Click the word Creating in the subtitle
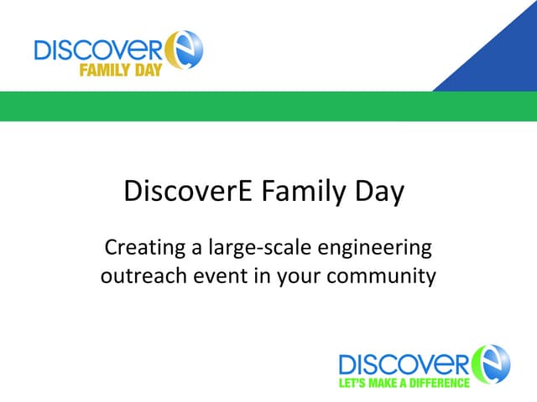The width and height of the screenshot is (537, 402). pyautogui.click(x=137, y=249)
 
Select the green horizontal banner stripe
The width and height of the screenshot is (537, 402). pyautogui.click(x=268, y=106)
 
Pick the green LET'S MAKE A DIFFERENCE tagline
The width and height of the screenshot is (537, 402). pyautogui.click(x=403, y=383)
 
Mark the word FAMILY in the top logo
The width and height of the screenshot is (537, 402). pyautogui.click(x=102, y=70)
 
